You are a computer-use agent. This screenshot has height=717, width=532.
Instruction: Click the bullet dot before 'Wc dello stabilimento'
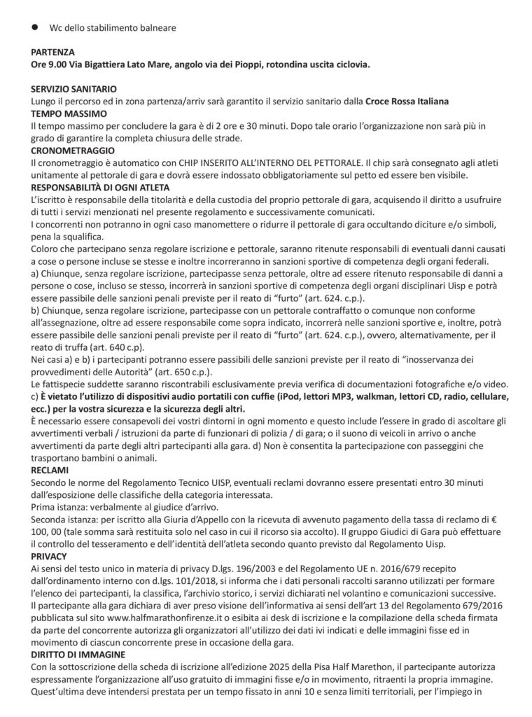pyautogui.click(x=35, y=29)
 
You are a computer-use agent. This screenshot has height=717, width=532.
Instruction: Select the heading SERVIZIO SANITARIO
pyautogui.click(x=73, y=90)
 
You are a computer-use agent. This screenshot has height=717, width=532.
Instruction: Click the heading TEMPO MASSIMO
pyautogui.click(x=69, y=113)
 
